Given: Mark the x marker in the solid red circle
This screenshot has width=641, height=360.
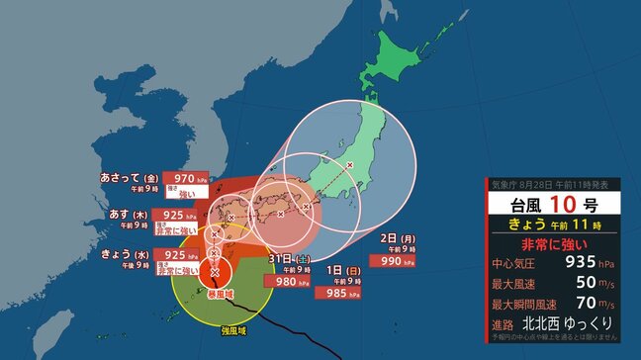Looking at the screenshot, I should pyautogui.click(x=215, y=270).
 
